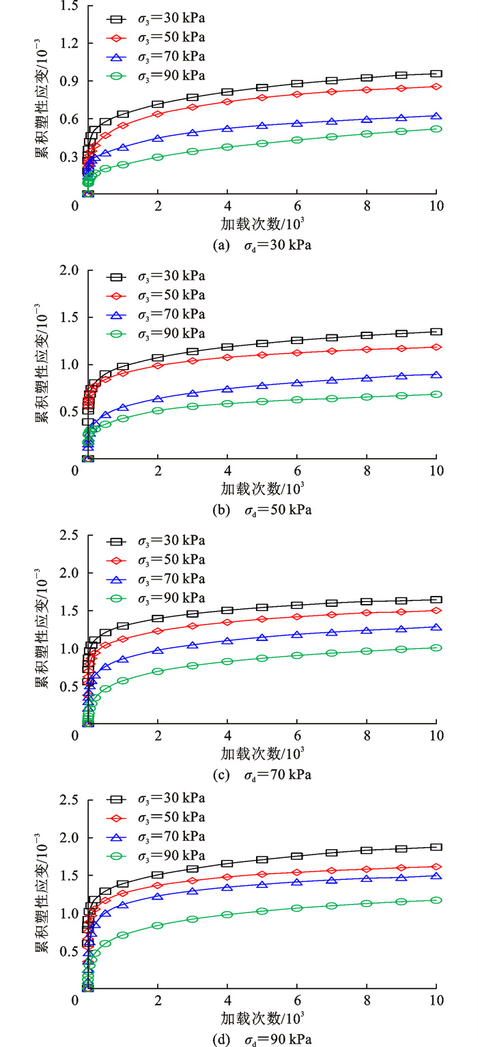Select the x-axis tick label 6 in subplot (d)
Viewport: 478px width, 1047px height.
pyautogui.click(x=297, y=1000)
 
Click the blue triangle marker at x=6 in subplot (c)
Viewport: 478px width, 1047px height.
pyautogui.click(x=297, y=635)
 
